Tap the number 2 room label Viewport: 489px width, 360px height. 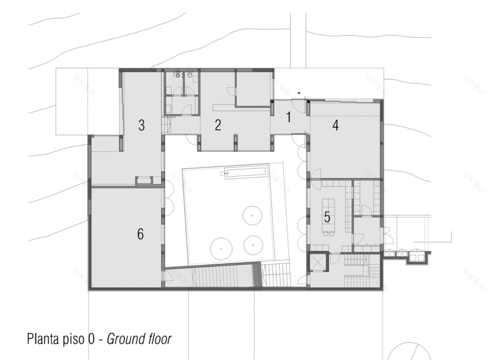point(218,125)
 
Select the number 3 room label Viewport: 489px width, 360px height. point(142,126)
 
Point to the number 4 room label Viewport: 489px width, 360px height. point(335,126)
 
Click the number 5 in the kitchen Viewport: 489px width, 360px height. point(327,217)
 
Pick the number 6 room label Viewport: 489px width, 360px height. point(141,234)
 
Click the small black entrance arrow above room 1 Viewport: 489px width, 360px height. point(300,93)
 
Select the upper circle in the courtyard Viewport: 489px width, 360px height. point(253,214)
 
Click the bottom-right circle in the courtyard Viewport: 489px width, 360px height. point(253,243)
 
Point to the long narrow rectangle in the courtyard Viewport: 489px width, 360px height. point(244,173)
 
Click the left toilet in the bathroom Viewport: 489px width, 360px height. point(176,76)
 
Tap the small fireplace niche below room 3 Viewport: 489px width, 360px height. point(144,180)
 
